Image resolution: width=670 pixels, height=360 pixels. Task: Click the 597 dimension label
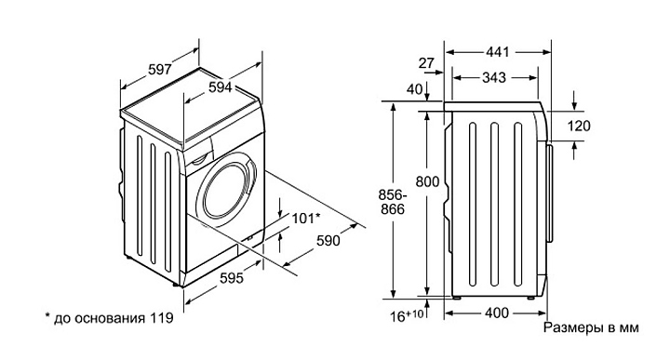(x=160, y=69)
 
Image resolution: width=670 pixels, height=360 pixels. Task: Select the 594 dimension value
(x=220, y=87)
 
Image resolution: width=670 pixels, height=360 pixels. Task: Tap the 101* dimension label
(x=306, y=219)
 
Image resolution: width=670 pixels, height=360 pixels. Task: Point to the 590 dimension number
(x=328, y=241)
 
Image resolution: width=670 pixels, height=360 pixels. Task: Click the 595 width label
(x=232, y=278)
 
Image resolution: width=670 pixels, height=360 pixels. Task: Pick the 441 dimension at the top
(x=498, y=52)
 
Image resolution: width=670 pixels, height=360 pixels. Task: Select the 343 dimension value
(x=494, y=78)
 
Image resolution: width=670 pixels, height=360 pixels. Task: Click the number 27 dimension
(x=426, y=63)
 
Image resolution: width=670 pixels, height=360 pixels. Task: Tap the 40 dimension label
(x=414, y=89)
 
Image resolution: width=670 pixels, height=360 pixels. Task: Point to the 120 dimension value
(x=579, y=126)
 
